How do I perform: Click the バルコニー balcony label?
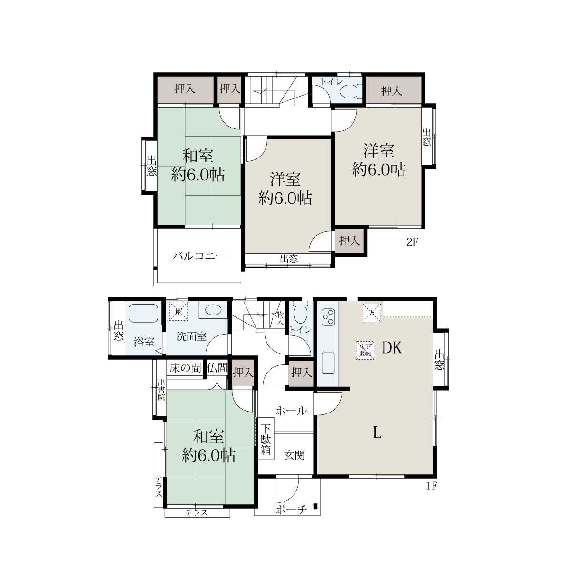199,256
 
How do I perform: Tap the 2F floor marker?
412,242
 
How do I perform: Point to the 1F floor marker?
432,486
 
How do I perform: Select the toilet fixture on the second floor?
351,91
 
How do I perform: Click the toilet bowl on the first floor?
301,314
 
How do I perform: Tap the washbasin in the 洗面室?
213,310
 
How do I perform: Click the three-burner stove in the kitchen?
328,318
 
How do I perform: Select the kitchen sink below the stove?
328,363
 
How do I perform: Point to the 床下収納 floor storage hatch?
365,350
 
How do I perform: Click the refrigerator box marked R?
373,312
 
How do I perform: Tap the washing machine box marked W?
178,311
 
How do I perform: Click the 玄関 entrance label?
294,455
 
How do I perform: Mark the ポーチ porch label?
291,510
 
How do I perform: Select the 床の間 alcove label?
185,368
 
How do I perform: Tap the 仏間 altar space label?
217,368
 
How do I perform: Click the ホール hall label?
291,411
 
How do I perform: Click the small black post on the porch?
315,506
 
